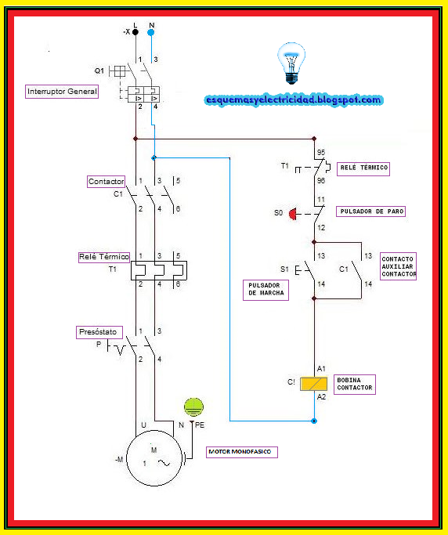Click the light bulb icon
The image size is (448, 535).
291,63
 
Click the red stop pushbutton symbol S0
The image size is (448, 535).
293,215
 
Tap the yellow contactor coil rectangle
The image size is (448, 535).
313,384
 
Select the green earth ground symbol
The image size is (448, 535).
193,407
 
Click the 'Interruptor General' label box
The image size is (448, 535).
62,92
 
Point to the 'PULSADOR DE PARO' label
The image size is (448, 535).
371,211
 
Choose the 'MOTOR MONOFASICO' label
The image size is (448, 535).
242,452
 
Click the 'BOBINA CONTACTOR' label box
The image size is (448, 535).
355,385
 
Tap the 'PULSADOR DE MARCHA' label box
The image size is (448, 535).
266,290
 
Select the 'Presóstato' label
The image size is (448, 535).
99,332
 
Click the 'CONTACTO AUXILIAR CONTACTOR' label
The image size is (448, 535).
398,266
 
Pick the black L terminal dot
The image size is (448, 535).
135,32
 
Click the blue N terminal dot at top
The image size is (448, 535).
151,32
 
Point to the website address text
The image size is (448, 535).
294,100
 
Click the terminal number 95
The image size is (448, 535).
321,153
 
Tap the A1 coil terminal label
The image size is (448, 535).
321,369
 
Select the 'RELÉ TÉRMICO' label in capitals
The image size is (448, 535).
363,168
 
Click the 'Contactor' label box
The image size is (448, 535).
106,182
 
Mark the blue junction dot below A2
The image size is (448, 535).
314,421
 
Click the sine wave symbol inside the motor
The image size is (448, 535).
164,463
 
